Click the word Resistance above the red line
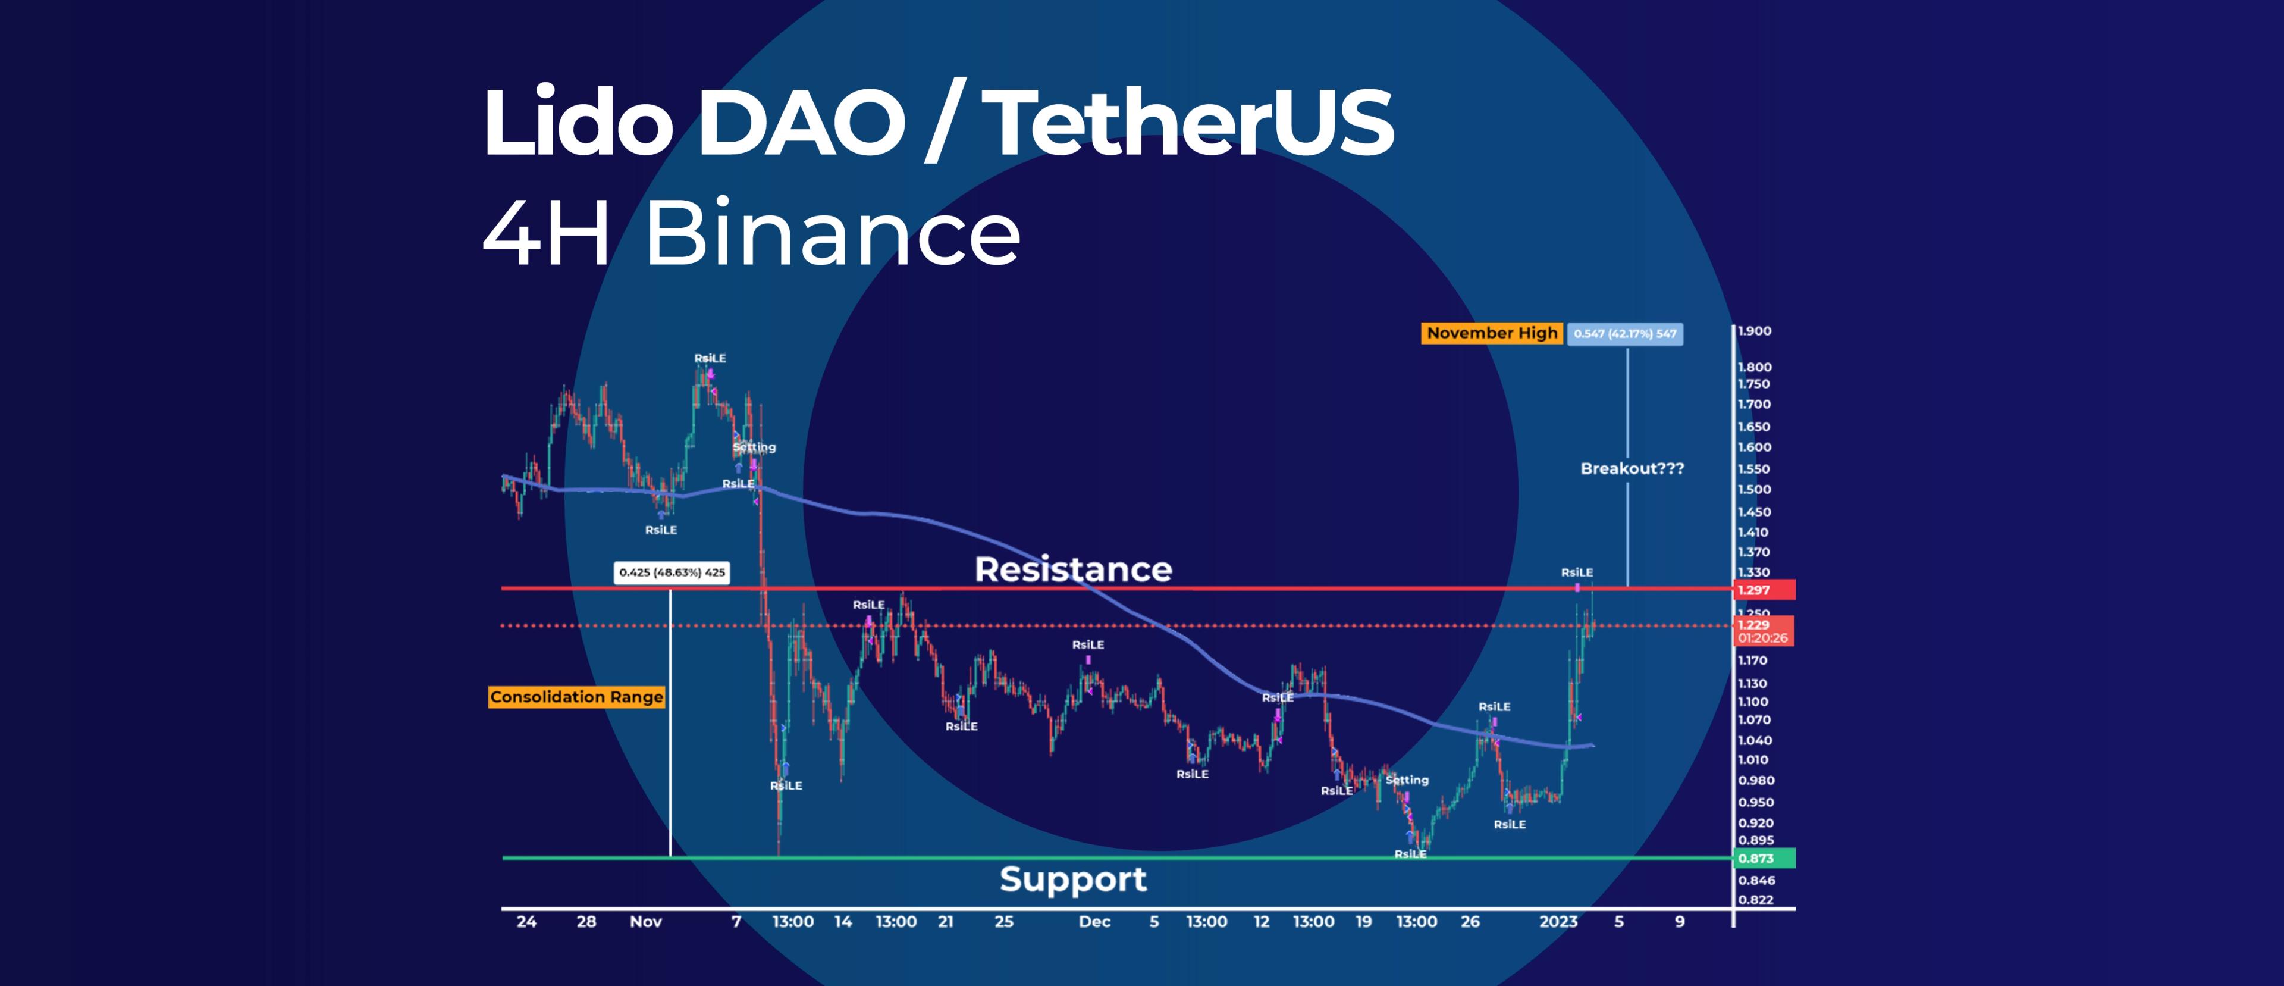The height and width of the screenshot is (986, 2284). click(1073, 569)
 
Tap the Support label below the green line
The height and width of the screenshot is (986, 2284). click(1073, 879)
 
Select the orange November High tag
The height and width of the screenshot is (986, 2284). click(1491, 333)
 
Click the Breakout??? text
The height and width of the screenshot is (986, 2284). click(1632, 468)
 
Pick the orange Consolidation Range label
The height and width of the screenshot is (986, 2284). click(576, 697)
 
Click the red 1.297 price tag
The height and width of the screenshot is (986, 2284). click(1762, 590)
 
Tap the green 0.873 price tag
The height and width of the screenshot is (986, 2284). click(1762, 858)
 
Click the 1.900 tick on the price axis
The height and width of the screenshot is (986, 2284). click(1754, 331)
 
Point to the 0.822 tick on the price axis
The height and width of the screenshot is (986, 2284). click(1756, 899)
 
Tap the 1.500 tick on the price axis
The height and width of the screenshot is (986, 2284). click(1754, 490)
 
